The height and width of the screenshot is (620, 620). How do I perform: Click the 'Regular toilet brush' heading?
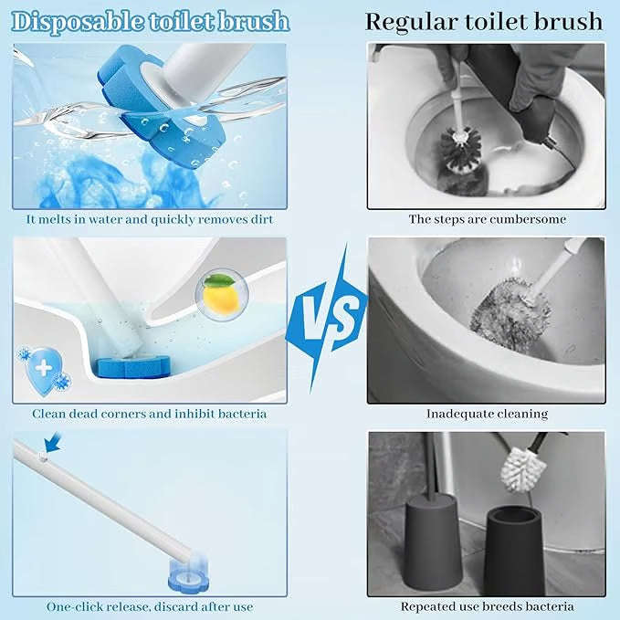tap(484, 20)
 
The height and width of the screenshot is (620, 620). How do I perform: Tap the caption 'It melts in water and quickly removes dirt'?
tap(150, 219)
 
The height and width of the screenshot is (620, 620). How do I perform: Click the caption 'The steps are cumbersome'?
tap(487, 219)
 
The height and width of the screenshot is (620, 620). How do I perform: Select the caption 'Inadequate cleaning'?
tap(487, 414)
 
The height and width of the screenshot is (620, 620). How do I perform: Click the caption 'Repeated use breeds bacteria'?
tap(487, 606)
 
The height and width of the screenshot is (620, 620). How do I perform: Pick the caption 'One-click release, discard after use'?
tap(150, 606)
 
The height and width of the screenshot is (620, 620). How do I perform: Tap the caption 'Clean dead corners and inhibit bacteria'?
tap(150, 414)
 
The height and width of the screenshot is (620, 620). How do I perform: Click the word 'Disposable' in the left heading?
tap(73, 20)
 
